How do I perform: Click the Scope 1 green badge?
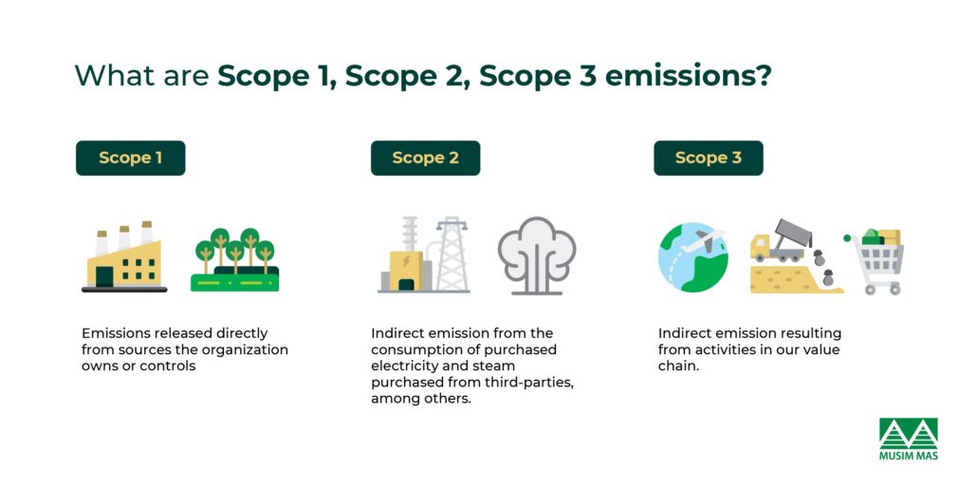click(x=130, y=159)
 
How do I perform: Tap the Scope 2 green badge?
click(x=425, y=159)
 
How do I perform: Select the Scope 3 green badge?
click(x=708, y=159)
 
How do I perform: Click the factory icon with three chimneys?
click(x=124, y=258)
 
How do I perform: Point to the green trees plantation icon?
click(x=234, y=259)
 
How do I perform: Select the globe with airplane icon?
click(x=693, y=256)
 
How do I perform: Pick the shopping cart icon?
click(x=876, y=260)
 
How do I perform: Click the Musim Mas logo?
click(x=908, y=439)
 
